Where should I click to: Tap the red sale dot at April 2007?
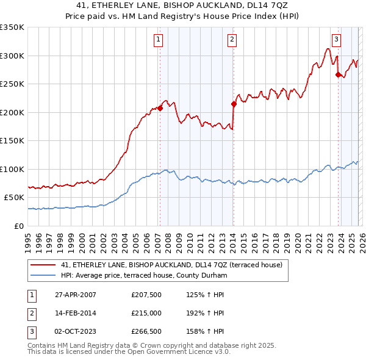click(160, 109)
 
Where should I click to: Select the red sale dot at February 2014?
click(234, 104)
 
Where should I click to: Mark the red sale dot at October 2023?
click(338, 75)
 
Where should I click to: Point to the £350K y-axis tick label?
click(12, 27)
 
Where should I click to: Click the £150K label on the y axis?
click(12, 141)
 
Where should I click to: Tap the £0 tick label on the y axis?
click(20, 226)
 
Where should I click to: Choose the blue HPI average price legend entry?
click(143, 276)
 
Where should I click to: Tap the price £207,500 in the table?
click(146, 295)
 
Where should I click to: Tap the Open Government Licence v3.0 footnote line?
click(129, 353)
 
